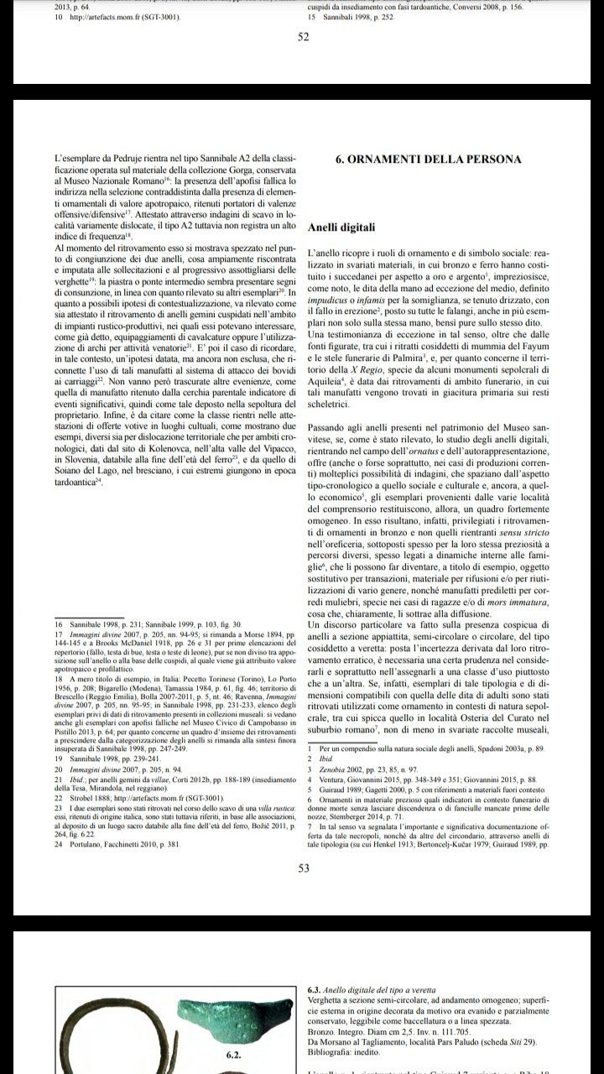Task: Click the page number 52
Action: point(304,36)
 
